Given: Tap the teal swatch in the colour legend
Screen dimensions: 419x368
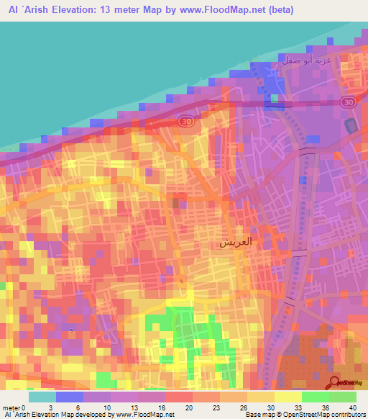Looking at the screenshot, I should tap(42, 397).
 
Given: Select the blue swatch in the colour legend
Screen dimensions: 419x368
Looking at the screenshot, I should tap(70, 397).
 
